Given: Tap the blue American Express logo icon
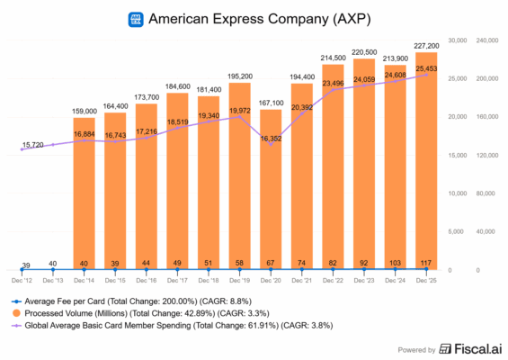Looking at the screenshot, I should click(x=136, y=17).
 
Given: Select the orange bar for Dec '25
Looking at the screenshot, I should click(x=426, y=162).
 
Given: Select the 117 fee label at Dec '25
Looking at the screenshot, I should click(x=426, y=262).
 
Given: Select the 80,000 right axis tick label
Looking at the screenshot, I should click(x=486, y=193).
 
